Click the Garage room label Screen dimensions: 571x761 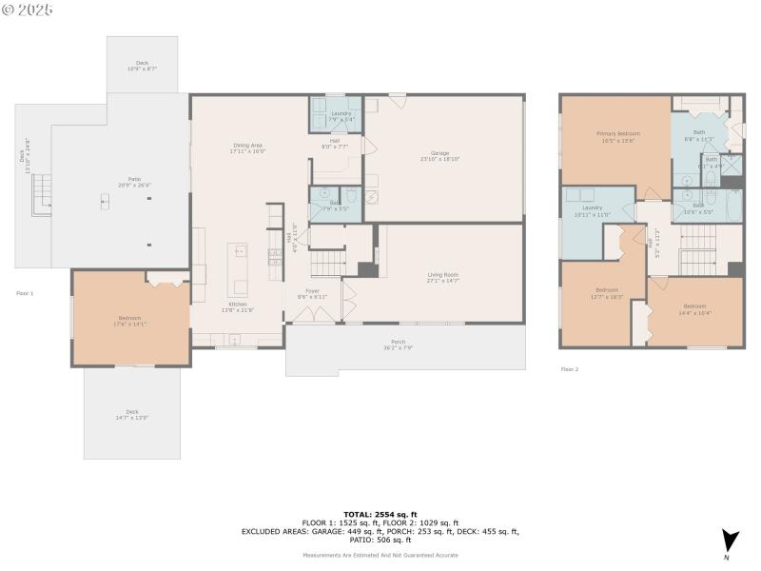439,156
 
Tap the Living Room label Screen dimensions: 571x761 443,278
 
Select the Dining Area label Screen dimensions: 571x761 248,148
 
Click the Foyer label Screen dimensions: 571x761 312,293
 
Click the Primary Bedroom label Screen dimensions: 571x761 617,137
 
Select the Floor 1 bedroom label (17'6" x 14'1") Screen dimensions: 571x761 129,321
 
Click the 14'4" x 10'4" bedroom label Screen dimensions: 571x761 693,309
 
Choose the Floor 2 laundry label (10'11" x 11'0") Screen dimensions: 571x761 593,210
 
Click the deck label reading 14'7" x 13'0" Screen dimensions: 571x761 132,415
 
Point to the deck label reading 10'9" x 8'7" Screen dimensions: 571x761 142,66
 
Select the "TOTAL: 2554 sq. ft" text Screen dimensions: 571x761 380,514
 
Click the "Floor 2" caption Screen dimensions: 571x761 569,369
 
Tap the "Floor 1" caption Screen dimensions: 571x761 25,293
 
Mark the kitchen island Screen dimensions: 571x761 240,269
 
